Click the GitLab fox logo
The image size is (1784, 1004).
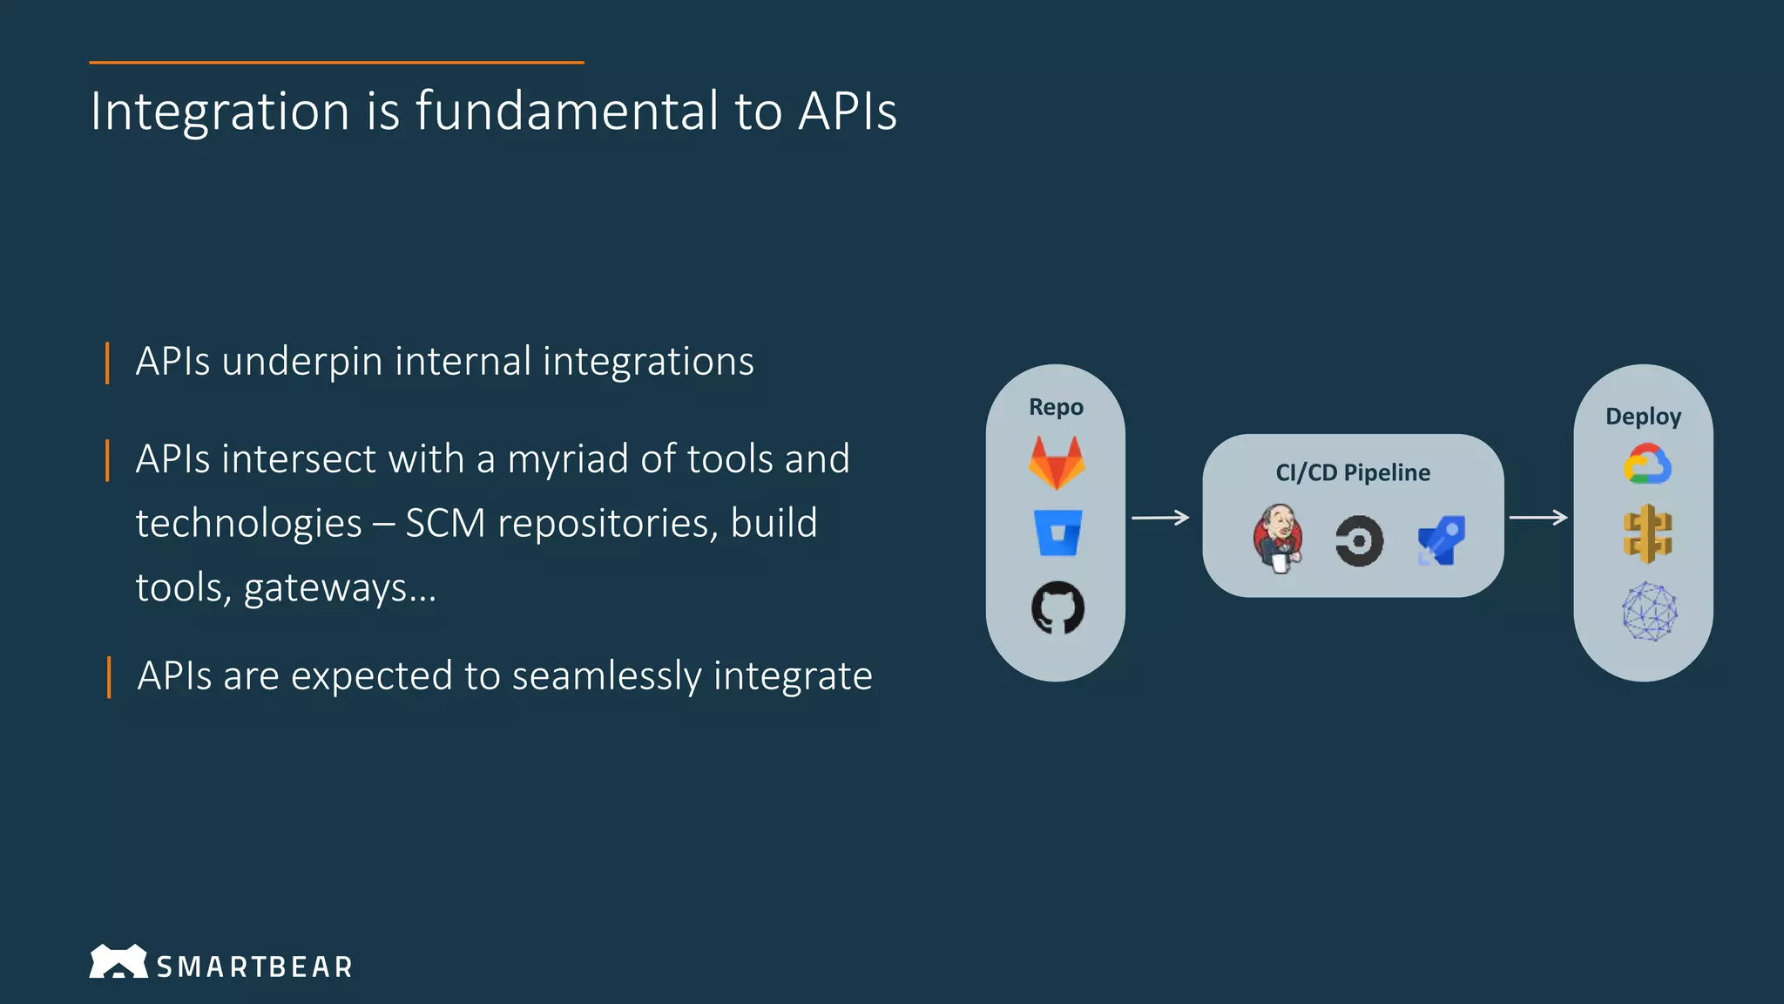tap(1057, 464)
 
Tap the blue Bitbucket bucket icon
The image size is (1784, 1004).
tap(1058, 533)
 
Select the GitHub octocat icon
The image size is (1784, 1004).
tap(1058, 607)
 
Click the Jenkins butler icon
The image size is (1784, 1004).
tap(1278, 539)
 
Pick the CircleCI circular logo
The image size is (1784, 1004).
tap(1359, 541)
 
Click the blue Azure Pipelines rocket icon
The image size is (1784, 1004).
tap(1442, 541)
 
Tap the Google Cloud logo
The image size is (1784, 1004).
tap(1647, 465)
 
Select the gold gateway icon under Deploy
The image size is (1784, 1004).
tap(1647, 534)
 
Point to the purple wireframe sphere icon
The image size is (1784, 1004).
tap(1649, 612)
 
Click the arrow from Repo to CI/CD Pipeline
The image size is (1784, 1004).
tap(1160, 518)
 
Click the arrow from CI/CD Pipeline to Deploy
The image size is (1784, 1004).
tap(1538, 518)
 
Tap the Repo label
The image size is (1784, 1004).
tap(1056, 407)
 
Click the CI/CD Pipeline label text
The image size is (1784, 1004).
tap(1353, 472)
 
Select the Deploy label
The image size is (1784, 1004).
tap(1643, 417)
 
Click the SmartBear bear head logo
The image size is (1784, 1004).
tap(118, 961)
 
